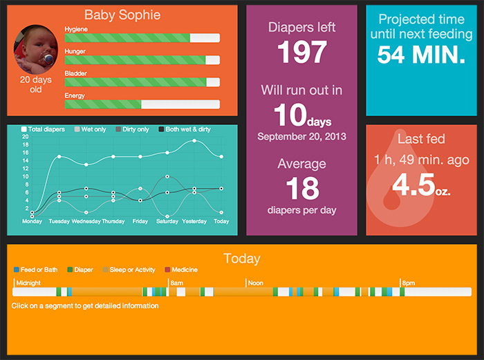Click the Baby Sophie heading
(122, 15)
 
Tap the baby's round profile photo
(35, 48)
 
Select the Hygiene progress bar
(142, 38)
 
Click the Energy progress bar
(142, 104)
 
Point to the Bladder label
(75, 73)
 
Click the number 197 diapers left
(301, 53)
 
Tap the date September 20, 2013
(301, 137)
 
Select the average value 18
(301, 188)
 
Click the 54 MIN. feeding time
(421, 56)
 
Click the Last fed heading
(421, 139)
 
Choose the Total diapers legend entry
(45, 129)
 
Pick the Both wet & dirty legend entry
(185, 129)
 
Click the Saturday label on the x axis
(167, 222)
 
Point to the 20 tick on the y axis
(26, 136)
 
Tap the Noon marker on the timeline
(255, 283)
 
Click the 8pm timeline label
(409, 283)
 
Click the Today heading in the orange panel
(242, 259)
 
